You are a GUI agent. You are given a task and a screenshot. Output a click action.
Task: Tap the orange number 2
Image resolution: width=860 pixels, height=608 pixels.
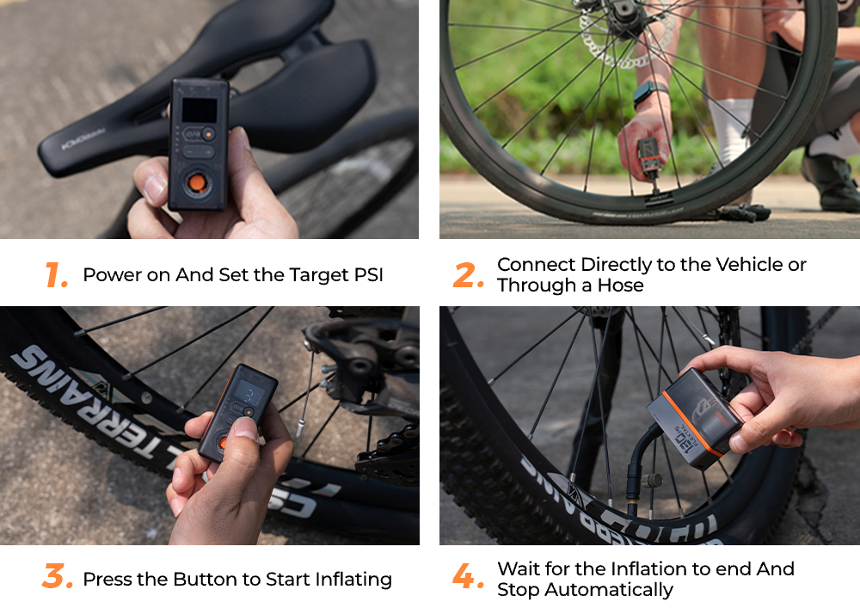coord(468,274)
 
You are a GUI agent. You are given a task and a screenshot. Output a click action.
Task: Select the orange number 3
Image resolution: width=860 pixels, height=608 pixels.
coord(57,576)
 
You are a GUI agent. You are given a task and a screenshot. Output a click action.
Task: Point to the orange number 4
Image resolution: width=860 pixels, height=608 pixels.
coord(468,576)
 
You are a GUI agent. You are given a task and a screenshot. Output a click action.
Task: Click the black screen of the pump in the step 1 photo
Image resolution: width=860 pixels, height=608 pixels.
coord(200,110)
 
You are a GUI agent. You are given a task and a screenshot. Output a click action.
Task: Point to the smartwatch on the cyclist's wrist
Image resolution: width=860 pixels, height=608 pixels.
coord(649,93)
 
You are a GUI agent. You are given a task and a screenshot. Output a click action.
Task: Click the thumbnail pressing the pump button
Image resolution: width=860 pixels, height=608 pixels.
coord(246,429)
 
